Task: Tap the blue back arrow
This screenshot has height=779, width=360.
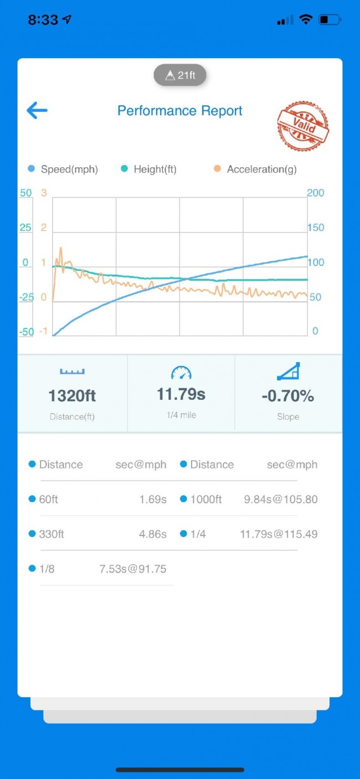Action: [x=37, y=110]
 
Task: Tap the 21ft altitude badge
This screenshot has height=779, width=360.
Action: [x=180, y=75]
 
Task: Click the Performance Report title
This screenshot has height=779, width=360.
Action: [x=180, y=111]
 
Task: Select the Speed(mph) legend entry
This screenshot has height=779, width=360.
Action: [x=63, y=169]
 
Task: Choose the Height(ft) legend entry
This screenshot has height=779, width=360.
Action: [x=149, y=169]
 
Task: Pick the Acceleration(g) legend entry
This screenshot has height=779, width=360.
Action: [x=255, y=169]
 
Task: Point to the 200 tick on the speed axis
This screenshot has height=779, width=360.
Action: [x=315, y=193]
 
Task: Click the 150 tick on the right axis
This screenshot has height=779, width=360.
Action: [x=315, y=228]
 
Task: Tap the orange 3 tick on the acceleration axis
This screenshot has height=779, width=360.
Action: [x=43, y=193]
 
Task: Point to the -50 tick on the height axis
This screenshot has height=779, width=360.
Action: [x=26, y=332]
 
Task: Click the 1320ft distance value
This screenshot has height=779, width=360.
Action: [x=72, y=396]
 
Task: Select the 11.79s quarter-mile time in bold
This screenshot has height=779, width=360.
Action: [x=181, y=394]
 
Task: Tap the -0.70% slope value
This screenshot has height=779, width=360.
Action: [x=288, y=396]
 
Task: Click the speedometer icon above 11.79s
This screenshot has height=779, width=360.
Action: [x=181, y=373]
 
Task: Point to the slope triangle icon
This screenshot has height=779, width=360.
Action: [x=288, y=372]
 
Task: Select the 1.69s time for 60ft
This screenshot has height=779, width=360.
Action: [x=153, y=499]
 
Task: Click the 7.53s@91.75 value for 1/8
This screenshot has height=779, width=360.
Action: [x=132, y=569]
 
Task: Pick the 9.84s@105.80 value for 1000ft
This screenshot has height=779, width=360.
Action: [x=281, y=499]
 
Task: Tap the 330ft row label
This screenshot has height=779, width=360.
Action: [x=51, y=534]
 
